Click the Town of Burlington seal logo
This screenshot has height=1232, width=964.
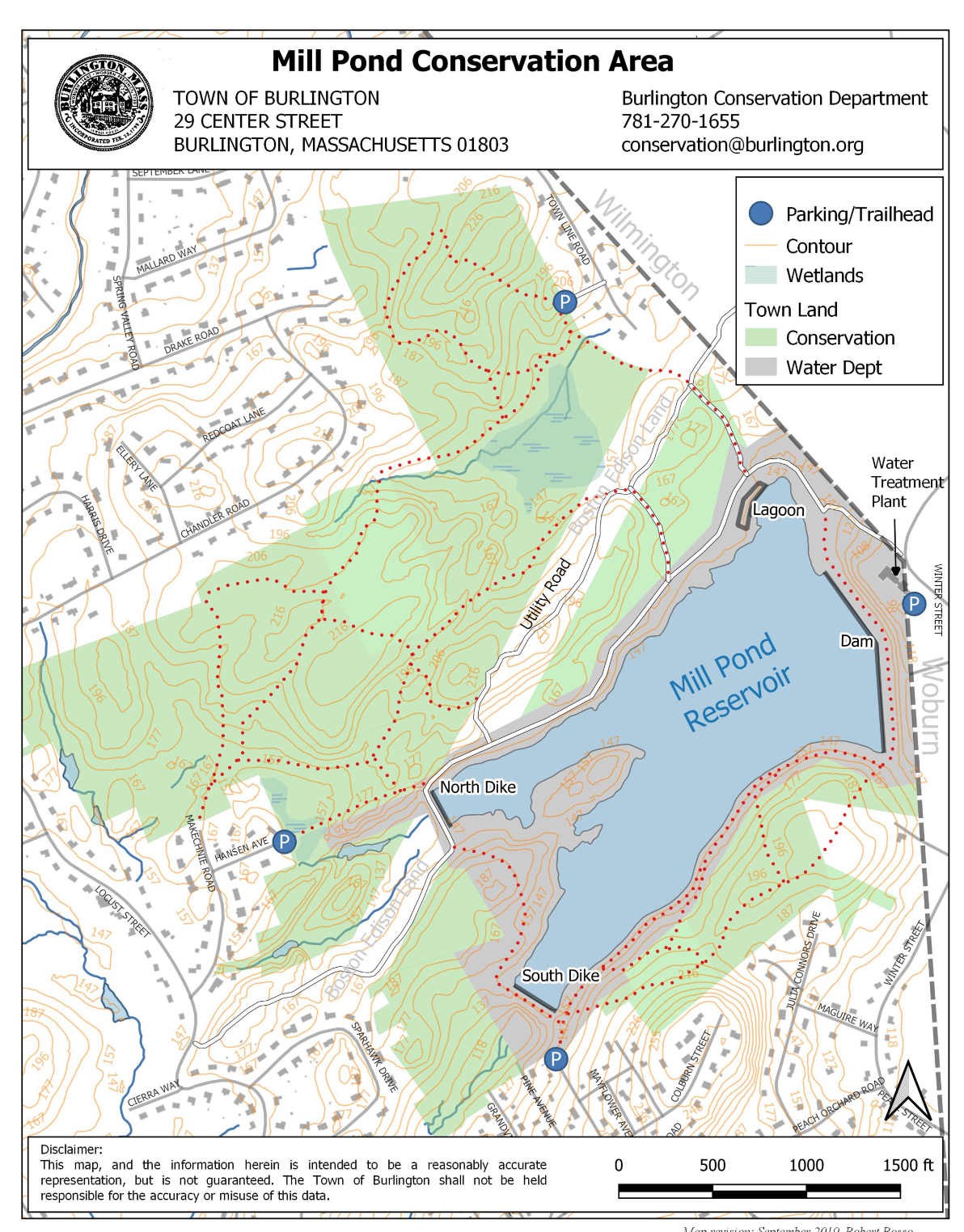(x=103, y=103)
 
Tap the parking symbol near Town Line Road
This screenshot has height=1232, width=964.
(x=564, y=302)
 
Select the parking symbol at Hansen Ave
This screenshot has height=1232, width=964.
(x=284, y=842)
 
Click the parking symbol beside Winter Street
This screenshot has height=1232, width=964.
(x=914, y=603)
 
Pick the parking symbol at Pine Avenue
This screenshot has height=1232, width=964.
(x=556, y=1059)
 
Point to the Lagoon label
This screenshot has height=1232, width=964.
(x=778, y=510)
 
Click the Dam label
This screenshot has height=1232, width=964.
(x=856, y=641)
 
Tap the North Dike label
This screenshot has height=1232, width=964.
(x=477, y=787)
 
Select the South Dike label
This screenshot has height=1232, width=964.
(x=560, y=976)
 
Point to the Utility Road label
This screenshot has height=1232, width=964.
(x=546, y=594)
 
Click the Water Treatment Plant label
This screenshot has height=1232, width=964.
(x=906, y=482)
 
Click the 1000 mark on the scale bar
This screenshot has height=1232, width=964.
(x=805, y=1165)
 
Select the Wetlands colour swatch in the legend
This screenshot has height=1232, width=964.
(x=760, y=275)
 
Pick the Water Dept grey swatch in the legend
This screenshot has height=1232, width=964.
(x=760, y=367)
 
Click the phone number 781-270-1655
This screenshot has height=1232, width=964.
(x=680, y=121)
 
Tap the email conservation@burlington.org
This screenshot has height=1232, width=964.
(x=742, y=145)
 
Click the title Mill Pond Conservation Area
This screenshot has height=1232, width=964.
(x=472, y=61)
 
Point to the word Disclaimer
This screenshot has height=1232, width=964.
(x=71, y=1149)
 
